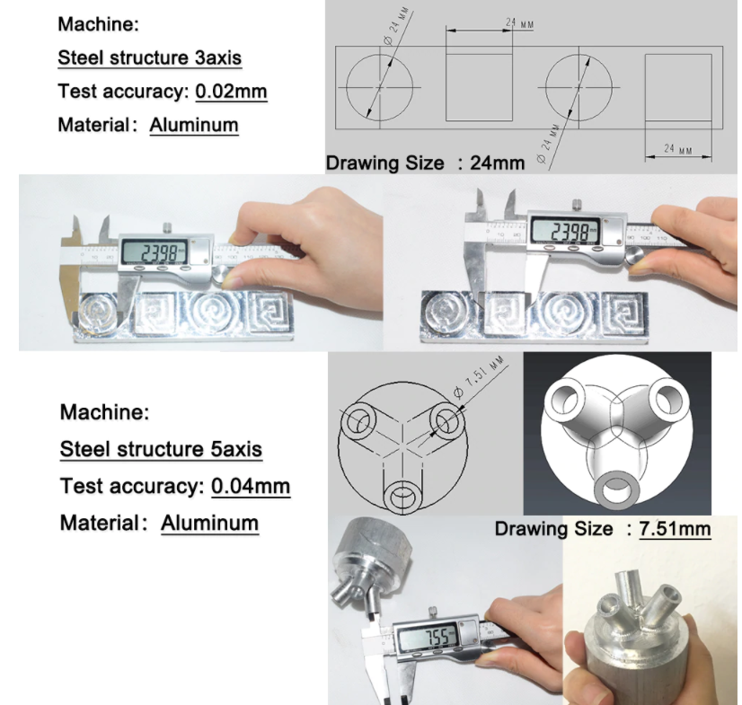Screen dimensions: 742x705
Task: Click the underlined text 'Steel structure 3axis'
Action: [x=149, y=57]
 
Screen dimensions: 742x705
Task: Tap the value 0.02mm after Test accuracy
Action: [x=231, y=92]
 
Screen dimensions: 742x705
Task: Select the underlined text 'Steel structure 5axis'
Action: [x=161, y=448]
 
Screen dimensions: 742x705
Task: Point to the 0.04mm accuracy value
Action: [x=251, y=486]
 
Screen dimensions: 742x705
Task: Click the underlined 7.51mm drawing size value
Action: [x=675, y=528]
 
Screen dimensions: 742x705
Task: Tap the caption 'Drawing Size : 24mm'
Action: [x=425, y=163]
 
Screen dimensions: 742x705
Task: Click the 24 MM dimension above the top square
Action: [x=519, y=22]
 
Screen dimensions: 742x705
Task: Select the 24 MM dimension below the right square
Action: [x=677, y=149]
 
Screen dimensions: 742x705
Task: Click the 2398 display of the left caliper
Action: [x=155, y=252]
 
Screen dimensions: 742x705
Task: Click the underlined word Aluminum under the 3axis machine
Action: [x=194, y=125]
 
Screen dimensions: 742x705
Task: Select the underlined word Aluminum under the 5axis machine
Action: [x=209, y=523]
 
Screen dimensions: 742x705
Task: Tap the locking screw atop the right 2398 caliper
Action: [x=577, y=206]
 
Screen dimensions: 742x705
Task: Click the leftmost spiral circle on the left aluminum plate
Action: [x=98, y=313]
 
